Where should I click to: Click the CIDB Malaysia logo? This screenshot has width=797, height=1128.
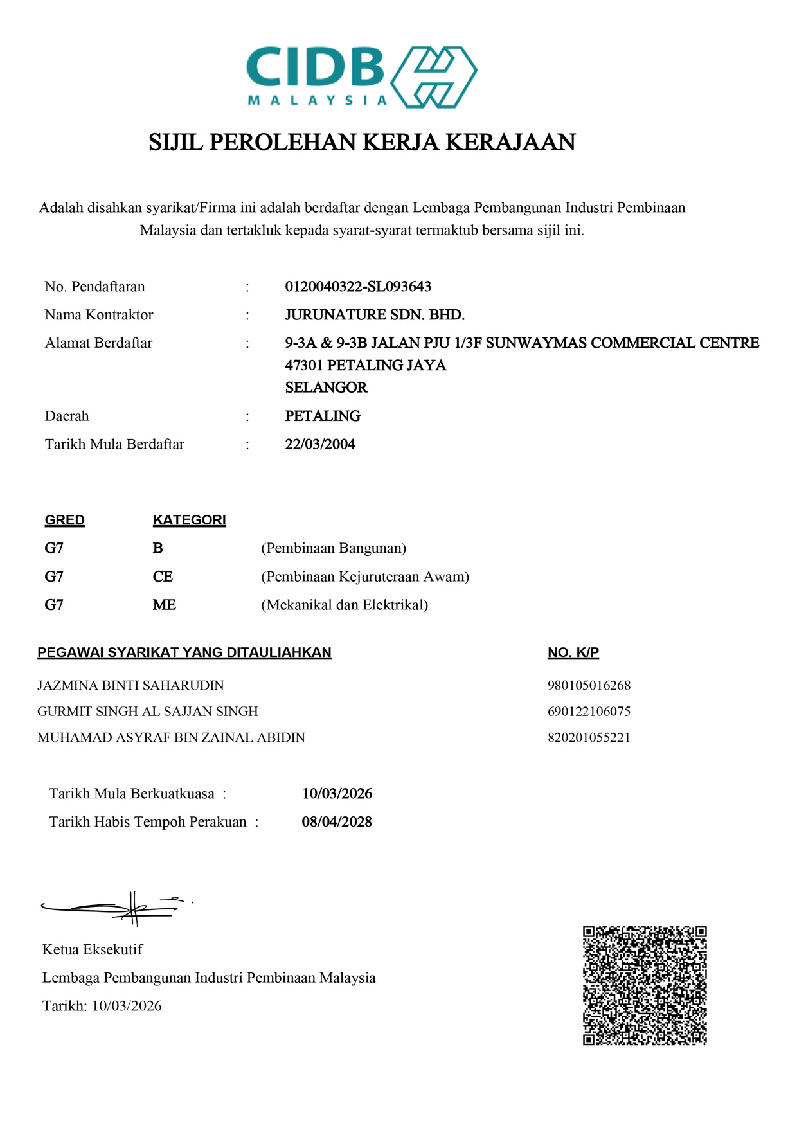pos(361,76)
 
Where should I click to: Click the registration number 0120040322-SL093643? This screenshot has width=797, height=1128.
pos(358,287)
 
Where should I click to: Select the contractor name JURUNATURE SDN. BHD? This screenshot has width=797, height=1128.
pos(375,315)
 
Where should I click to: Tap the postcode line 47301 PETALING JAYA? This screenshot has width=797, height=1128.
pos(365,365)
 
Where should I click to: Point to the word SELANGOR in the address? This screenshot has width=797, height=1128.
pos(326,388)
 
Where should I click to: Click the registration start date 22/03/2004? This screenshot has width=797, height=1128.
pos(320,444)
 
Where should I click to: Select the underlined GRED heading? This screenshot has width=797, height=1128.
pos(64,520)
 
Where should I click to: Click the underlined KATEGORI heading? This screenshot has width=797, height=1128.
pos(189,520)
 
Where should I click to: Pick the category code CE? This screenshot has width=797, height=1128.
pos(163,577)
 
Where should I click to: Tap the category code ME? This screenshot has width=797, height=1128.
pos(165,605)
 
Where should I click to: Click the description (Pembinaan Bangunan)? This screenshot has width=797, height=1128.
pos(334,548)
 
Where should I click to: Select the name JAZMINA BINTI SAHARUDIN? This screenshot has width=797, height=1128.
pos(130,685)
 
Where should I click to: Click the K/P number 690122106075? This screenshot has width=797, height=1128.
pos(589,712)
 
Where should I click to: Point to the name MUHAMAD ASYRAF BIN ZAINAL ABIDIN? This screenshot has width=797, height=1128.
pos(171,737)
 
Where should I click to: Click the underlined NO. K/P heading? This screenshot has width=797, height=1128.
pos(573,652)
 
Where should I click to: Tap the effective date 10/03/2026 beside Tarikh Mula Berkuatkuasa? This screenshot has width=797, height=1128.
pos(337,794)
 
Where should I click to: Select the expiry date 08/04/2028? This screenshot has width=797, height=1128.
pos(337,822)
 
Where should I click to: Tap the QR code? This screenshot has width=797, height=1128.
pos(645,985)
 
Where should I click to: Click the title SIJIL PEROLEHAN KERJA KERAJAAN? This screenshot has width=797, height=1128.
pos(362,142)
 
